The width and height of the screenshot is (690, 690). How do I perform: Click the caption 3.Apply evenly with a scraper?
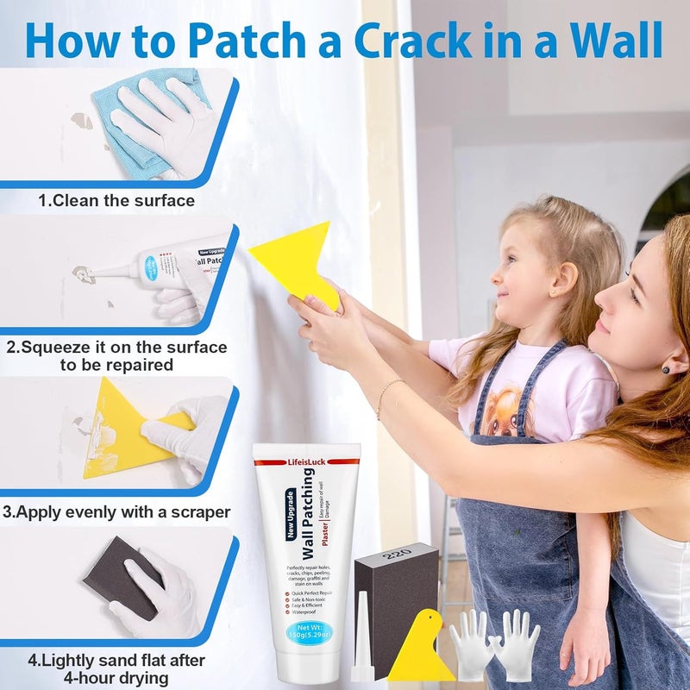pos(116,511)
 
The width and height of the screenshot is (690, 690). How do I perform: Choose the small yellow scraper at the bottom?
pos(419,649)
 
